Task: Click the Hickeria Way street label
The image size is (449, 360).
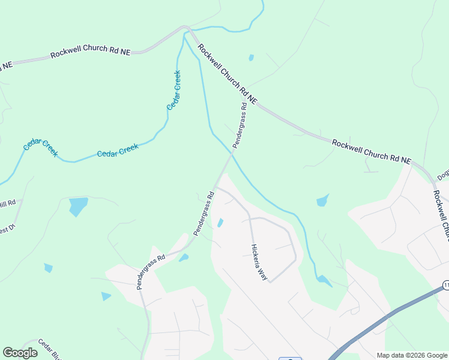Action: [x=259, y=263]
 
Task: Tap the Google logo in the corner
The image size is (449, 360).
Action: [x=20, y=353]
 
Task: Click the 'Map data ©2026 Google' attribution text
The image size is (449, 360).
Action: [x=412, y=355]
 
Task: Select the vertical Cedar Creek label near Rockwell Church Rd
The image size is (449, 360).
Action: [x=174, y=90]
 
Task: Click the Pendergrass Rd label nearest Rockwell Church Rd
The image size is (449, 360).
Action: [x=240, y=125]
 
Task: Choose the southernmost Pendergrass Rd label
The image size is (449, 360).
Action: [x=151, y=272]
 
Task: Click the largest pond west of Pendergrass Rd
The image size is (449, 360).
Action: [x=78, y=206]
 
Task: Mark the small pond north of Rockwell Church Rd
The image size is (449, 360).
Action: [x=251, y=58]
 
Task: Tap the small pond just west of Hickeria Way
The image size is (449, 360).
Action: [x=220, y=223]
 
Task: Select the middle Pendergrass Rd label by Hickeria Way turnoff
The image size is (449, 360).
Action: [x=204, y=213]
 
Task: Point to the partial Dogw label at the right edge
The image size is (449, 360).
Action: [x=444, y=174]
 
